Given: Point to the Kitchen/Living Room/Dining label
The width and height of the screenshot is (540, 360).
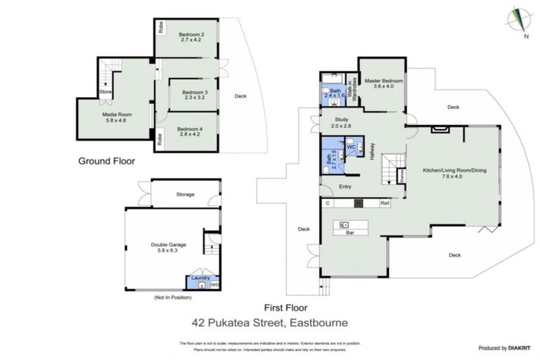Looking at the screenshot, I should click(x=451, y=173).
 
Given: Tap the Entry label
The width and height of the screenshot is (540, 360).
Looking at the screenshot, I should click(x=345, y=186).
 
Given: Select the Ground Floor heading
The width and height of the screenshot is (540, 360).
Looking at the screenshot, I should click(x=106, y=161).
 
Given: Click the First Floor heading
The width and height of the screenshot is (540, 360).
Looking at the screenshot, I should click(x=285, y=308).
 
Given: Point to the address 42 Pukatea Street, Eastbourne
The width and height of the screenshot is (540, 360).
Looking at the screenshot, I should click(x=270, y=324).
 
